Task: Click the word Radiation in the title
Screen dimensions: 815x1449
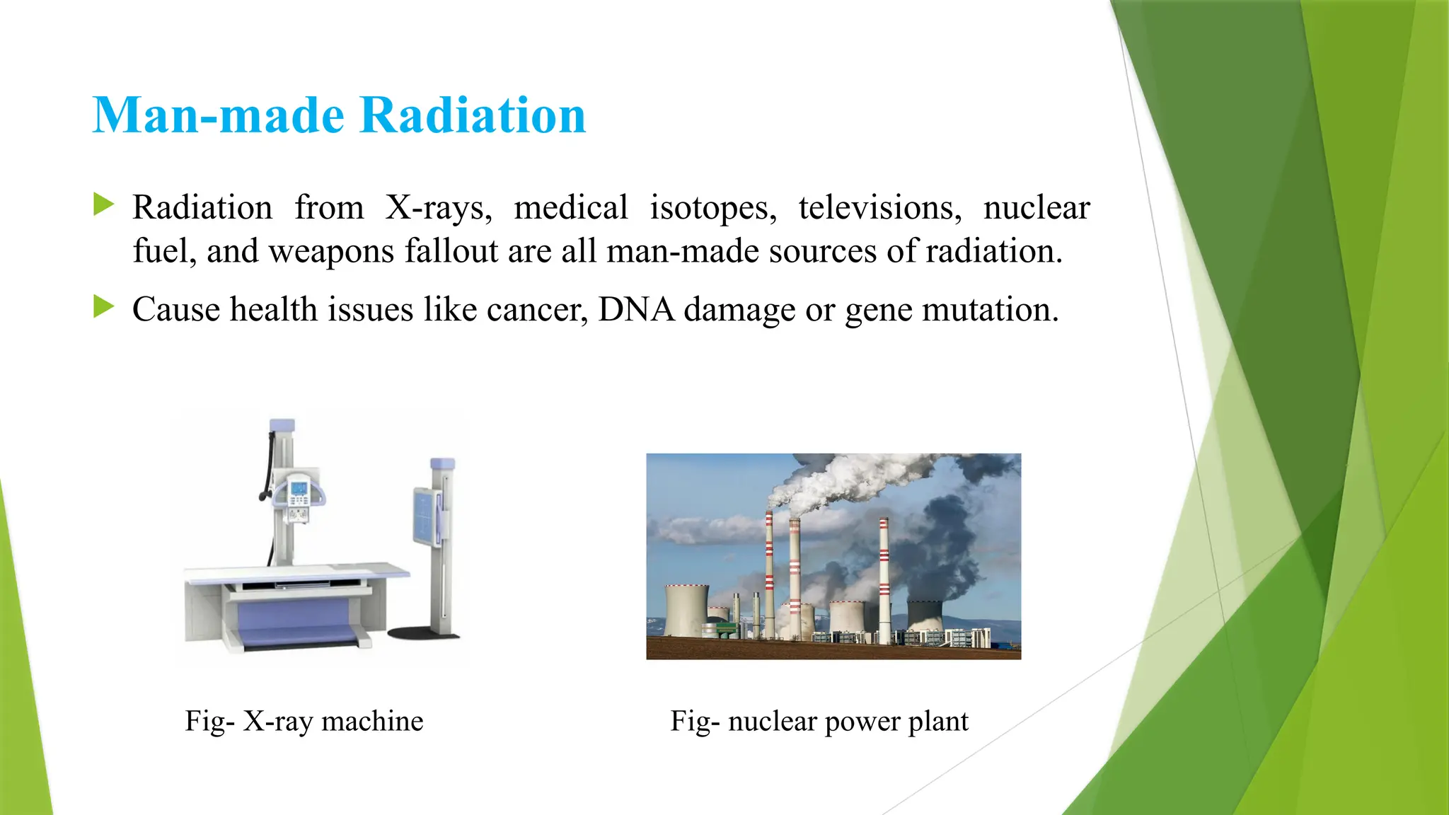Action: point(473,115)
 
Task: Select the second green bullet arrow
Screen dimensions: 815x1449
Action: point(103,307)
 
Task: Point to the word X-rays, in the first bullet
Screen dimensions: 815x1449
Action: point(439,208)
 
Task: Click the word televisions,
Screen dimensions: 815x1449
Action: point(880,208)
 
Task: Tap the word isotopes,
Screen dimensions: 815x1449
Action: point(713,208)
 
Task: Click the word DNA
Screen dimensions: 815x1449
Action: point(636,310)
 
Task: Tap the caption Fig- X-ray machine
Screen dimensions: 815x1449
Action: point(304,721)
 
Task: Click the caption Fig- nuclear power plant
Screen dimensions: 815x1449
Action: point(819,721)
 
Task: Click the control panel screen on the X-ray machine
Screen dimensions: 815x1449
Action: point(299,488)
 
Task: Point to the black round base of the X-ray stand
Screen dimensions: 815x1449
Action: point(423,632)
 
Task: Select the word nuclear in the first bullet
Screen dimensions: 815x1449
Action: point(1037,208)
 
